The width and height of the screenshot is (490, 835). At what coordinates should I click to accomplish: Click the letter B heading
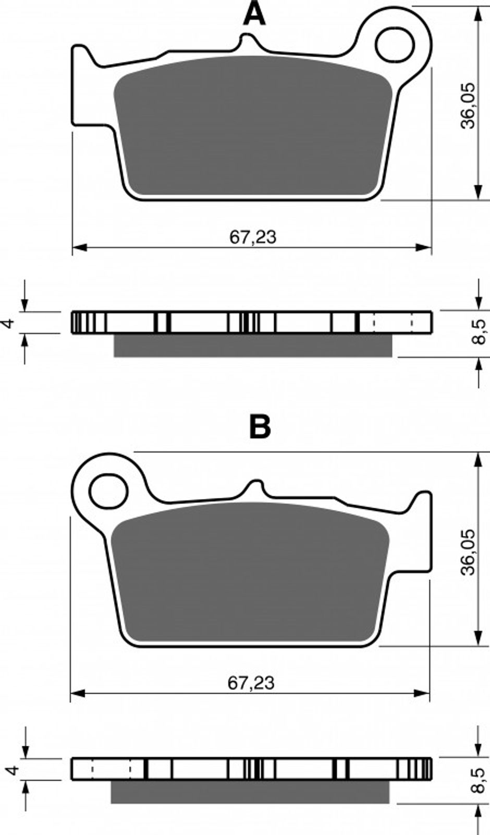coord(260,427)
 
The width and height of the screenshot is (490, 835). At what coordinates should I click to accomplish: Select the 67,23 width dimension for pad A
coord(253,237)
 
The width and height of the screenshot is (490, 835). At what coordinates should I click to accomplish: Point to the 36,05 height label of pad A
coord(468,105)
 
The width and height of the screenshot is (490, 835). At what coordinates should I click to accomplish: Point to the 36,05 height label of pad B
coord(468,552)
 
